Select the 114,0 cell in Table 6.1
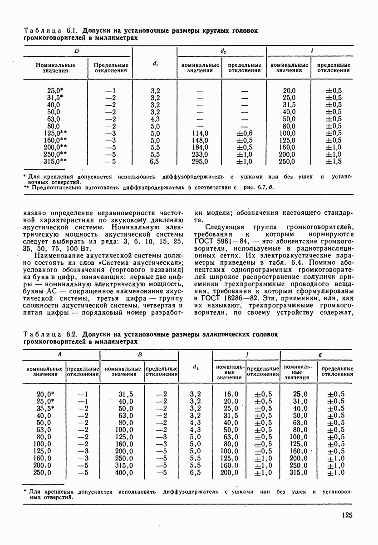(x=200, y=133)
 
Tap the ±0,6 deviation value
(x=244, y=133)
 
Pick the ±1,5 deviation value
(x=334, y=161)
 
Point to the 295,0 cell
(x=200, y=161)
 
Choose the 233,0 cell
(x=200, y=154)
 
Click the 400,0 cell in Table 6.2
(x=124, y=473)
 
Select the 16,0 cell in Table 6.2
(x=231, y=394)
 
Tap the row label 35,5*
(x=45, y=408)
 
